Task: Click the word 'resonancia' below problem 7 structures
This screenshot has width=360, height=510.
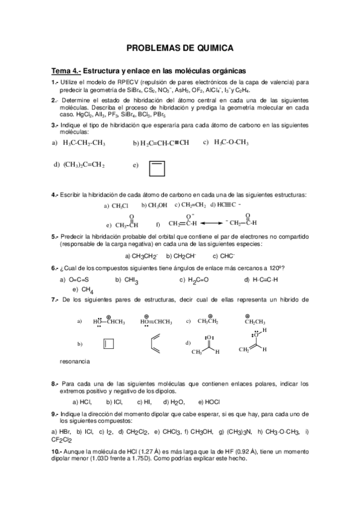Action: click(75, 361)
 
